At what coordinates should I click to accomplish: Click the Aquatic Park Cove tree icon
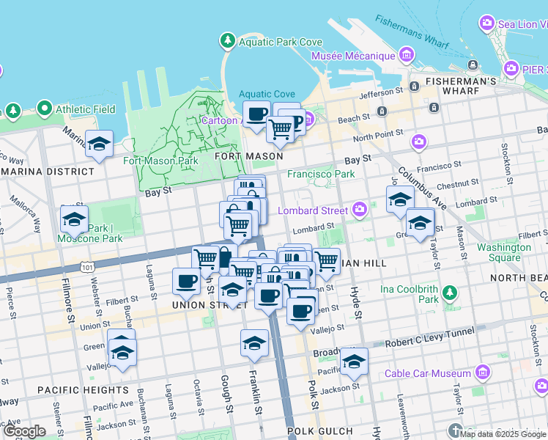pyautogui.click(x=228, y=40)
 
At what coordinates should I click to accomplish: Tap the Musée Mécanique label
pyautogui.click(x=353, y=56)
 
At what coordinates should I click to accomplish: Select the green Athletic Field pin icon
pyautogui.click(x=44, y=110)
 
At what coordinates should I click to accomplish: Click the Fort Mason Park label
pyautogui.click(x=160, y=161)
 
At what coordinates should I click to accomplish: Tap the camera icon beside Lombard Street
pyautogui.click(x=360, y=210)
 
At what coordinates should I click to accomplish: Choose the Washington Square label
pyautogui.click(x=504, y=252)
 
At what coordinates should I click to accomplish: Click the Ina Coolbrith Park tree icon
pyautogui.click(x=449, y=294)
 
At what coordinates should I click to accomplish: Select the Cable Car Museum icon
pyautogui.click(x=482, y=373)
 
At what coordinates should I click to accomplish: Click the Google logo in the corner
pyautogui.click(x=24, y=431)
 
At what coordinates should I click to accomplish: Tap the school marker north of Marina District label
pyautogui.click(x=99, y=144)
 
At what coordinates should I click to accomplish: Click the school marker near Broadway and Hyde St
pyautogui.click(x=354, y=361)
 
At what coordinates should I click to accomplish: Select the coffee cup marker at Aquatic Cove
pyautogui.click(x=256, y=114)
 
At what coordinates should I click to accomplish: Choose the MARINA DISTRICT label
pyautogui.click(x=48, y=172)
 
